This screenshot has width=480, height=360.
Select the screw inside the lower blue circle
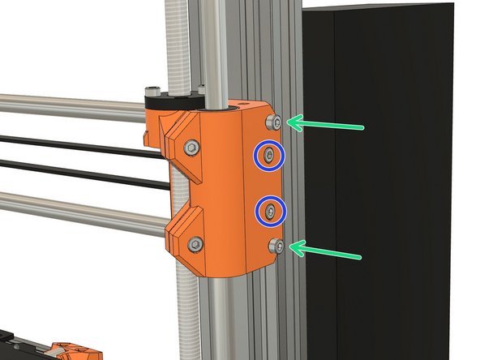coord(270,212)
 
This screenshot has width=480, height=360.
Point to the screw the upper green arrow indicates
coord(276,122)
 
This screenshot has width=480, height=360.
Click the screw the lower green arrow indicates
coord(276,246)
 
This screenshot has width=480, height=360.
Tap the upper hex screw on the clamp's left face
coord(191,148)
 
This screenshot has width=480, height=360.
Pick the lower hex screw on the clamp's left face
coord(195,243)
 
